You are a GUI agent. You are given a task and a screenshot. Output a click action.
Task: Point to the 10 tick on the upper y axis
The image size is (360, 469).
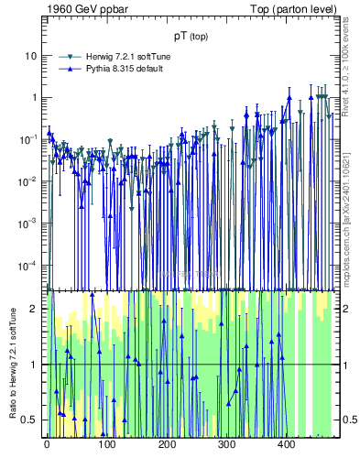pos(30,55)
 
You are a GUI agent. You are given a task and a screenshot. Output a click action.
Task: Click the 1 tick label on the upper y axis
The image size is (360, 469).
pos(33,97)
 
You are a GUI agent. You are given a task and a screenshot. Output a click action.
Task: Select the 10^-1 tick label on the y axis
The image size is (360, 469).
pos(27,139)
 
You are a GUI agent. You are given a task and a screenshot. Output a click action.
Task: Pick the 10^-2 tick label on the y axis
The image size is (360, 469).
pos(27,181)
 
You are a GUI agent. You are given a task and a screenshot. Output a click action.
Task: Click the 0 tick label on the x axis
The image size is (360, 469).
pos(47,445)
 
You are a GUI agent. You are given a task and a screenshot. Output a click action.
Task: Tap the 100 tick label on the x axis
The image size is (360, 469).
pos(107,445)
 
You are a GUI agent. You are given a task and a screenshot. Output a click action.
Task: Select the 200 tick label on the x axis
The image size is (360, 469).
pos(167,445)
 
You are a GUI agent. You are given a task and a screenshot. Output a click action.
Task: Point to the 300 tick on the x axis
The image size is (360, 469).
pos(226,445)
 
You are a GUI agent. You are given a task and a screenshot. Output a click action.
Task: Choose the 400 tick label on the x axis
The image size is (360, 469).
pos(286,445)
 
